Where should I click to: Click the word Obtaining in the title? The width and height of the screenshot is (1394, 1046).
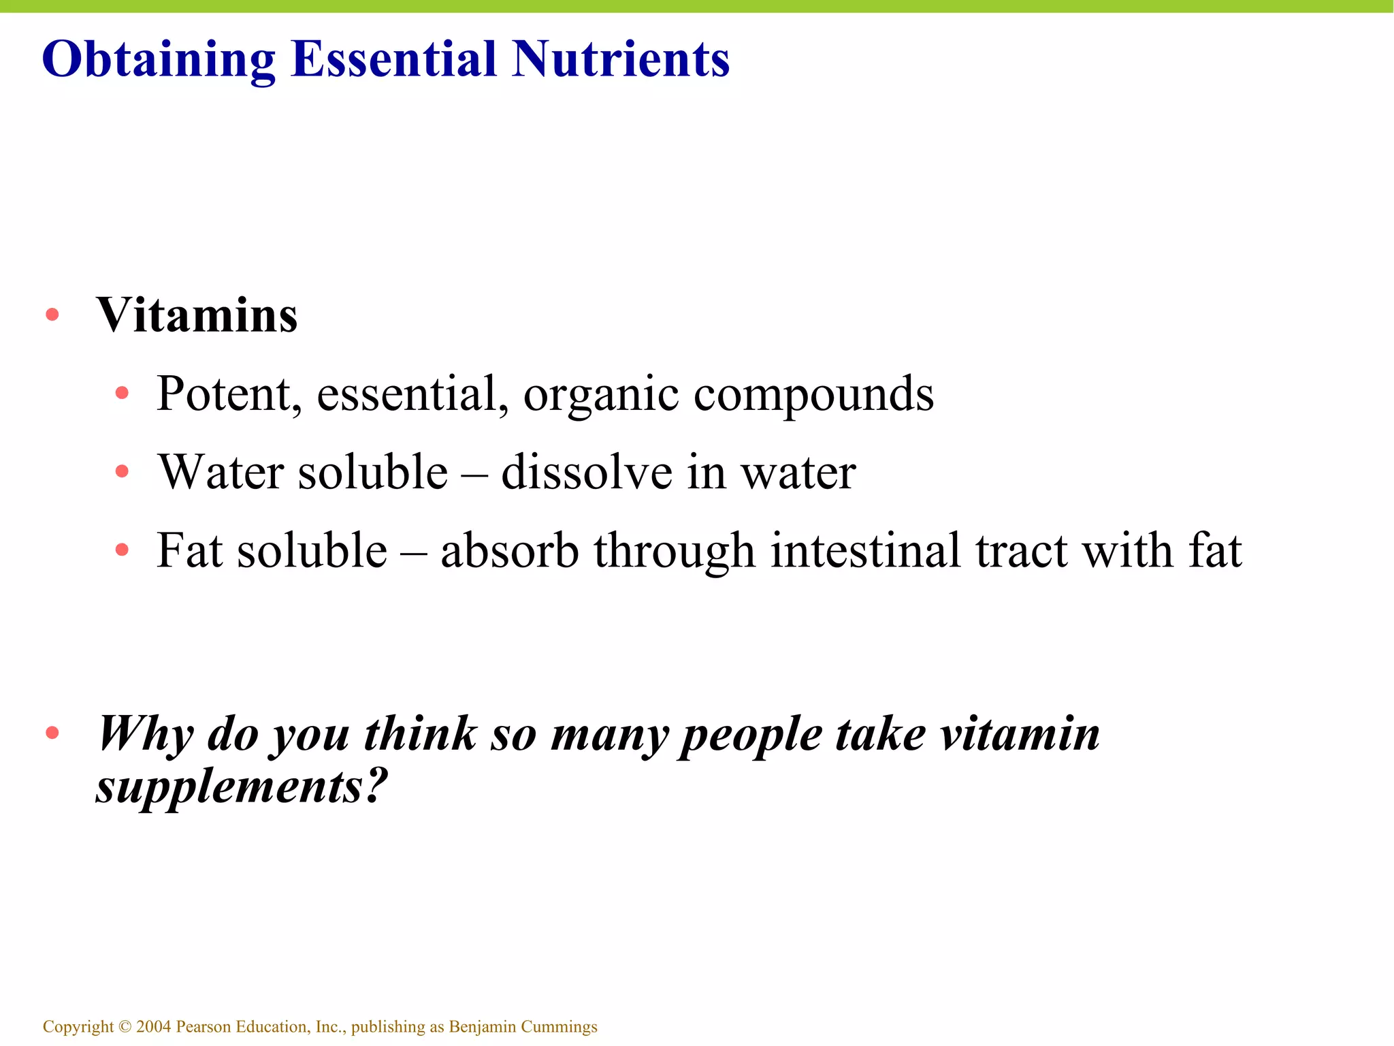pyautogui.click(x=159, y=60)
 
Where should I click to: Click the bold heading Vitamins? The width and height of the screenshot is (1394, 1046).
pyautogui.click(x=197, y=316)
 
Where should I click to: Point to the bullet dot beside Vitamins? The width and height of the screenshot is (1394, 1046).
pyautogui.click(x=52, y=315)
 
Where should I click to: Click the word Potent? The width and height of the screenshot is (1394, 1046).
pyautogui.click(x=229, y=394)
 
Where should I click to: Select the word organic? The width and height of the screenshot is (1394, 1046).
pyautogui.click(x=601, y=395)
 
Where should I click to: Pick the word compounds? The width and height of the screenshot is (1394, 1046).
pyautogui.click(x=813, y=395)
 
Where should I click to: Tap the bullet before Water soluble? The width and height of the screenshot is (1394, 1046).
pyautogui.click(x=123, y=471)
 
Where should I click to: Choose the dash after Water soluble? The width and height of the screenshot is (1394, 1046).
pyautogui.click(x=474, y=473)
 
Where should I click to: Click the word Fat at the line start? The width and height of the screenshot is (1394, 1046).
pyautogui.click(x=189, y=550)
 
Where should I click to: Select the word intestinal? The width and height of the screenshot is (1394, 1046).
pyautogui.click(x=865, y=550)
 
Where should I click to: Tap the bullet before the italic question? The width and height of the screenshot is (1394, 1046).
pyautogui.click(x=52, y=733)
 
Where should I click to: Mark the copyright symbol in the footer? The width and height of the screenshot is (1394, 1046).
pyautogui.click(x=125, y=1026)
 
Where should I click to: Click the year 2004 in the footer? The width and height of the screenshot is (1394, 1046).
pyautogui.click(x=154, y=1026)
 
